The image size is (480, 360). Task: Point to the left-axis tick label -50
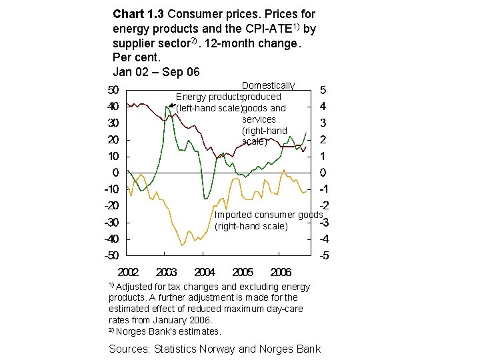111,255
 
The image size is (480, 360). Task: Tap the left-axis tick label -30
111,222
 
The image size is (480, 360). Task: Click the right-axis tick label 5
323,90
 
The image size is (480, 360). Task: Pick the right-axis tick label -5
323,255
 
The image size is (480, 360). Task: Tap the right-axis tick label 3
323,123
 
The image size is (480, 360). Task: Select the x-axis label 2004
205,272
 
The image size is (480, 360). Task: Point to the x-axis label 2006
281,272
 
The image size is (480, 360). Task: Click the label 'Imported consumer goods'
268,215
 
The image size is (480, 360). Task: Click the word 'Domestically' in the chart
268,85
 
